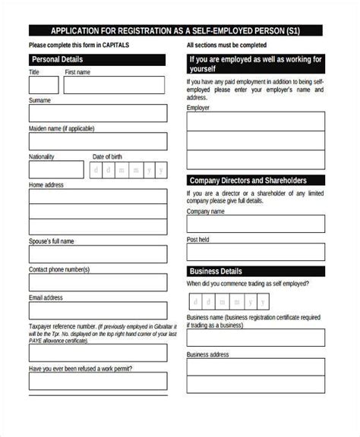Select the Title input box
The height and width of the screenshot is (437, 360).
coord(41,85)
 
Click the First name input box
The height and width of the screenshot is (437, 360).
coord(115,85)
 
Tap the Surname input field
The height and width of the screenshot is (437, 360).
coord(97,114)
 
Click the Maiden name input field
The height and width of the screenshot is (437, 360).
coord(97,142)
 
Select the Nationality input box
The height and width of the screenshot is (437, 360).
coord(54,171)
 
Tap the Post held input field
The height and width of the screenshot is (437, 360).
coord(256,252)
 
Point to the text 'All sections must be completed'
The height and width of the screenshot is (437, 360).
coord(232,46)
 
